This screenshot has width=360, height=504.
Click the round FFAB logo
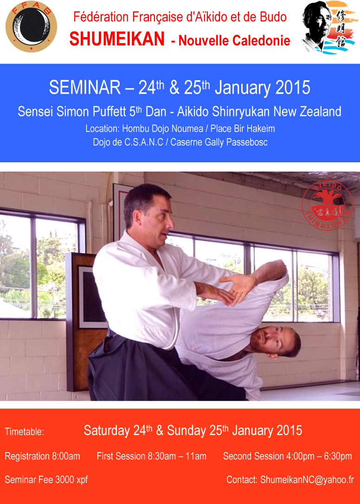click(31, 26)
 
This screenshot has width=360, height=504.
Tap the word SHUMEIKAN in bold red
click(117, 39)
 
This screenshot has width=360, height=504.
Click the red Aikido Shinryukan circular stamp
click(328, 206)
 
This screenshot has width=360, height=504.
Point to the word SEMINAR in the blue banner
click(85, 88)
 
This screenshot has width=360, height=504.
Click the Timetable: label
click(25, 432)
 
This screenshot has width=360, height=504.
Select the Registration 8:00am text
click(43, 456)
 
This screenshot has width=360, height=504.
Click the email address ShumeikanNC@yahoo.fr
click(307, 480)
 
